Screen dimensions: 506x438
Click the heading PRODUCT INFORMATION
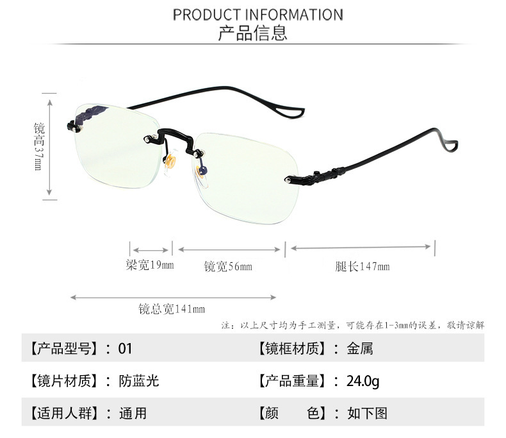[257, 14]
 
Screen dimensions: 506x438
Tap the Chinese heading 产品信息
[253, 33]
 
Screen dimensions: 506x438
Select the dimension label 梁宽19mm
[150, 264]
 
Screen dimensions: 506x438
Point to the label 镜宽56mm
[228, 266]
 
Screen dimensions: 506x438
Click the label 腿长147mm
[362, 266]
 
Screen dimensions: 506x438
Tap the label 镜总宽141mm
[172, 309]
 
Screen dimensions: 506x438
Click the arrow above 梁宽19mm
[151, 249]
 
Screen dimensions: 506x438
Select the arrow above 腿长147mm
[363, 247]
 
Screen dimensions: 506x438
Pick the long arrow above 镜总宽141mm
[173, 297]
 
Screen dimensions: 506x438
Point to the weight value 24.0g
[363, 381]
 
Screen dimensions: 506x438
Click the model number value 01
[125, 348]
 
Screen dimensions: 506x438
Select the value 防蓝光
[138, 381]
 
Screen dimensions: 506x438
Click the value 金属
[360, 348]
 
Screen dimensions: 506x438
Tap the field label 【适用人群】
[62, 414]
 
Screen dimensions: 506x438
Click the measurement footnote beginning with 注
[353, 325]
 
